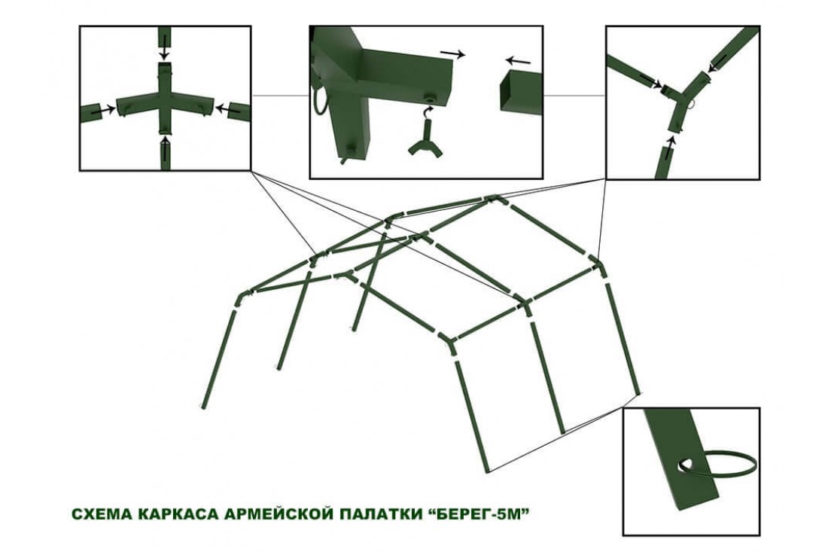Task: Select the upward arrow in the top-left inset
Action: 166,150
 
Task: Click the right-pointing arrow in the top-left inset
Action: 104,111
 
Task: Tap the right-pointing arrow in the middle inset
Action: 452,53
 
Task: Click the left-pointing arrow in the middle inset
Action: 518,59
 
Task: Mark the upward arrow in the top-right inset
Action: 670,148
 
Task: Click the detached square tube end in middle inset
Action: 521,93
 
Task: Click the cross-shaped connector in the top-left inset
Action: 164,99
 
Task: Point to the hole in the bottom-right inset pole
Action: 686,465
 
